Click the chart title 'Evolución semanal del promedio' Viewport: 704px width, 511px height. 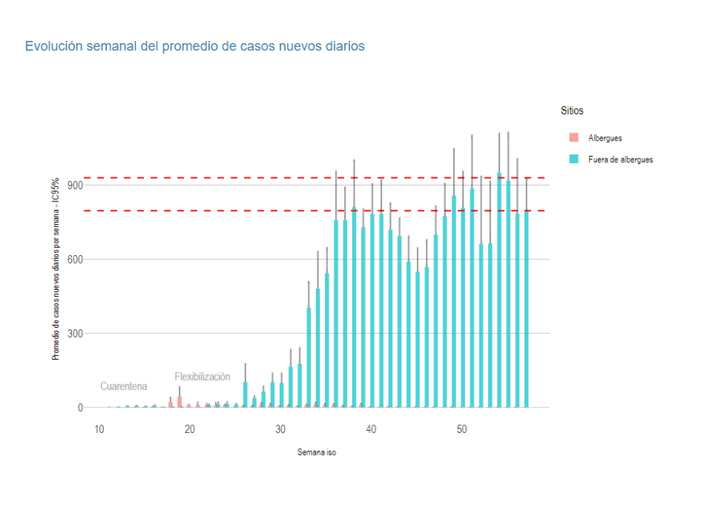195,46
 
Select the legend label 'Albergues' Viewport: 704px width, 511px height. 605,138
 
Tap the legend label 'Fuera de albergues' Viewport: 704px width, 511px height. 620,160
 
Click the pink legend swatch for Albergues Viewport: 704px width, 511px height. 574,138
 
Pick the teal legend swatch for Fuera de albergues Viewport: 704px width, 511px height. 574,159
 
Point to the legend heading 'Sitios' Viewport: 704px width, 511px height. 571,111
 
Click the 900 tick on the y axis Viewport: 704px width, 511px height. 73,185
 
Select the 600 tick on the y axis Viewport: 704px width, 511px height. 73,259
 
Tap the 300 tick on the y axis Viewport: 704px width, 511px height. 73,333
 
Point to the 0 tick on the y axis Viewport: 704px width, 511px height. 78,407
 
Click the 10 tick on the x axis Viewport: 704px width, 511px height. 99,429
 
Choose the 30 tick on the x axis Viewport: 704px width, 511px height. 280,429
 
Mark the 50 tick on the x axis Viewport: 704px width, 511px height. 462,429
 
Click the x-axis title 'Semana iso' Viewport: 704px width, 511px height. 317,453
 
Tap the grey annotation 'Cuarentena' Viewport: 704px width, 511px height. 124,387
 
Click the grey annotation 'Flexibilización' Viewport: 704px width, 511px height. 202,377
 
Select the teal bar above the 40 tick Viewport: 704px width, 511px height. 372,310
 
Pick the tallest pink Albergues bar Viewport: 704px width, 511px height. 180,402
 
